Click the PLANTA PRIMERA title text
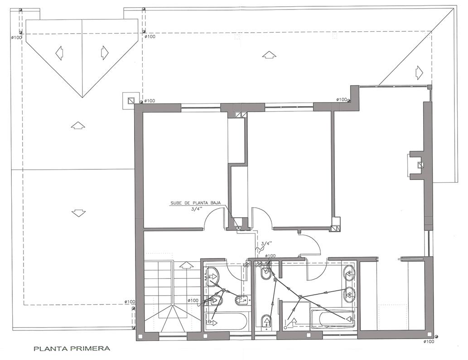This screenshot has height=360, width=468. click(x=72, y=348)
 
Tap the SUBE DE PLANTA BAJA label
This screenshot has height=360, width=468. click(x=195, y=203)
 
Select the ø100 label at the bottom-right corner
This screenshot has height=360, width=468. click(x=429, y=341)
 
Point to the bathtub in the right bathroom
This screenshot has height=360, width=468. click(x=333, y=319)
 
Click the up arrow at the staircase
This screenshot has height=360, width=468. click(x=186, y=265)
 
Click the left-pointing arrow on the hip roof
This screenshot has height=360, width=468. click(x=59, y=53)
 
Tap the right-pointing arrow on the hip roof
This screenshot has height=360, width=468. click(x=104, y=53)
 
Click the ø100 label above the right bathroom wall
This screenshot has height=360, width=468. click(x=270, y=256)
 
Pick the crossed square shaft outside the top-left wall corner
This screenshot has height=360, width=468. click(x=130, y=101)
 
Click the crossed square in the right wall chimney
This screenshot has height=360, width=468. click(x=421, y=165)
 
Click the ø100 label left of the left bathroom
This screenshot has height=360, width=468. click(x=193, y=300)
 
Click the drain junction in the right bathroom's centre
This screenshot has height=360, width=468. click(x=300, y=297)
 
